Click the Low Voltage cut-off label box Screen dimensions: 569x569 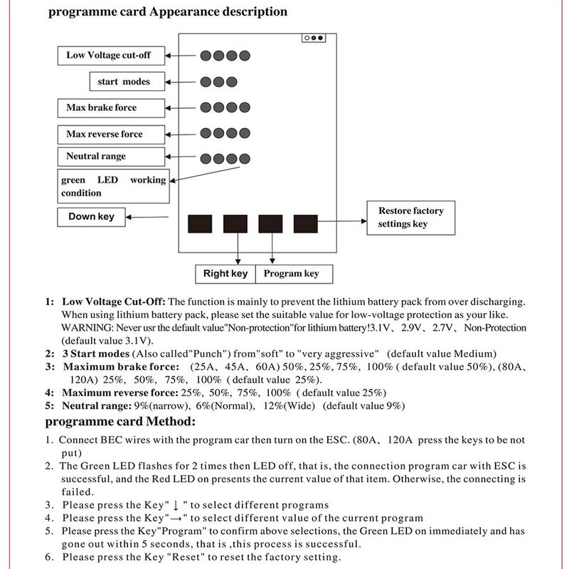(108, 55)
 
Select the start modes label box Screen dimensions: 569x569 (124, 81)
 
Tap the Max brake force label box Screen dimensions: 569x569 (102, 107)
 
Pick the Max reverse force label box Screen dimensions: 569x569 (104, 134)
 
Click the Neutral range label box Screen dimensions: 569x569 (96, 156)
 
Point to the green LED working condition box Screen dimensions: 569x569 (113, 186)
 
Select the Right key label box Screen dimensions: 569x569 (225, 273)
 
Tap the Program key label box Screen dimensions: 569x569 (292, 273)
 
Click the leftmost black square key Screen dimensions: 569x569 (200, 224)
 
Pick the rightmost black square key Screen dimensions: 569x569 (306, 224)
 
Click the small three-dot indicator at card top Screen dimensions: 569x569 (313, 38)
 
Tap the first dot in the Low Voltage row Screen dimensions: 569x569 (204, 55)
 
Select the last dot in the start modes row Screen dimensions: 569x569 (232, 81)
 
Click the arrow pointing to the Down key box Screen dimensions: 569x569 (150, 217)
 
